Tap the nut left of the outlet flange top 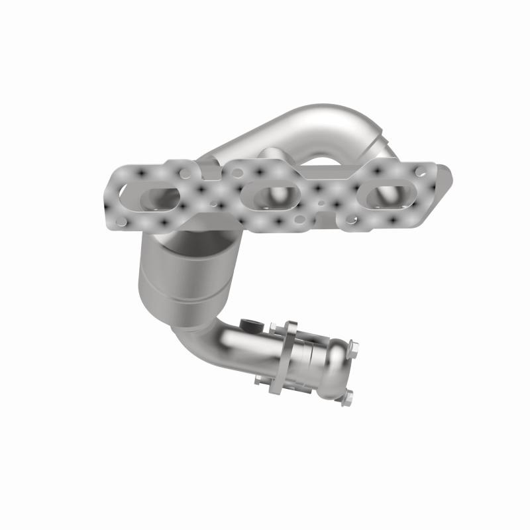273,327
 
